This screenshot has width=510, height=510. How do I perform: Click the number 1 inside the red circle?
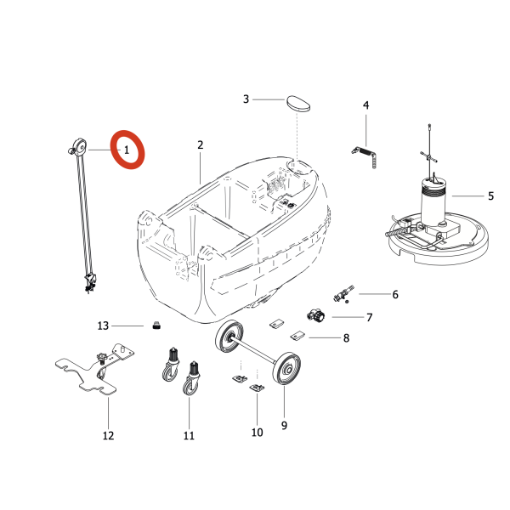(127, 150)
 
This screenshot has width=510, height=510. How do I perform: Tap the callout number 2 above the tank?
(201, 145)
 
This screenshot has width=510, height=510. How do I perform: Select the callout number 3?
(246, 99)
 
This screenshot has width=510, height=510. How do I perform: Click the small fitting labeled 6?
(343, 296)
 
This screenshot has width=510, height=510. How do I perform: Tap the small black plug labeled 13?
(156, 324)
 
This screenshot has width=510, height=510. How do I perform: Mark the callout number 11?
(189, 436)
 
